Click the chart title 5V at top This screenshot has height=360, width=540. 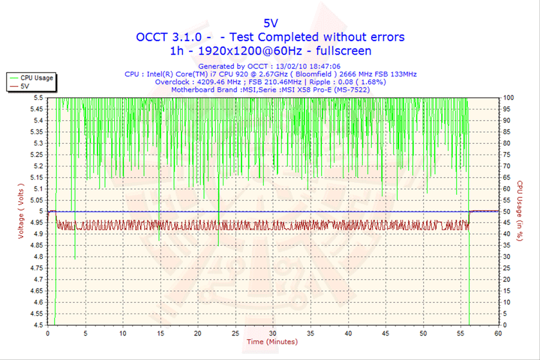pyautogui.click(x=269, y=23)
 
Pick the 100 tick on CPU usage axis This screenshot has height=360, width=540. pyautogui.click(x=508, y=97)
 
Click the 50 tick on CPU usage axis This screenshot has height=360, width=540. pyautogui.click(x=506, y=211)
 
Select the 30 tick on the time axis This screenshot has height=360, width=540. pyautogui.click(x=272, y=333)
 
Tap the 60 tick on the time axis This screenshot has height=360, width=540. pyautogui.click(x=497, y=333)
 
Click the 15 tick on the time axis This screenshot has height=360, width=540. pyautogui.click(x=160, y=333)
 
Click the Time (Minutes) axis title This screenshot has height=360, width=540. pyautogui.click(x=272, y=342)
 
